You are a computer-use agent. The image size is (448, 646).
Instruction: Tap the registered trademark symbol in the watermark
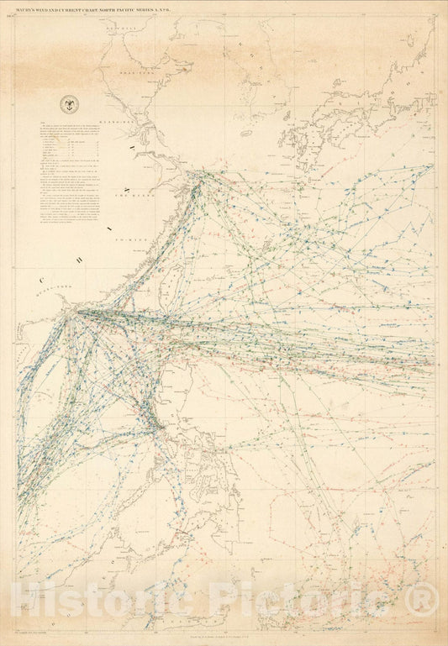[428, 598]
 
